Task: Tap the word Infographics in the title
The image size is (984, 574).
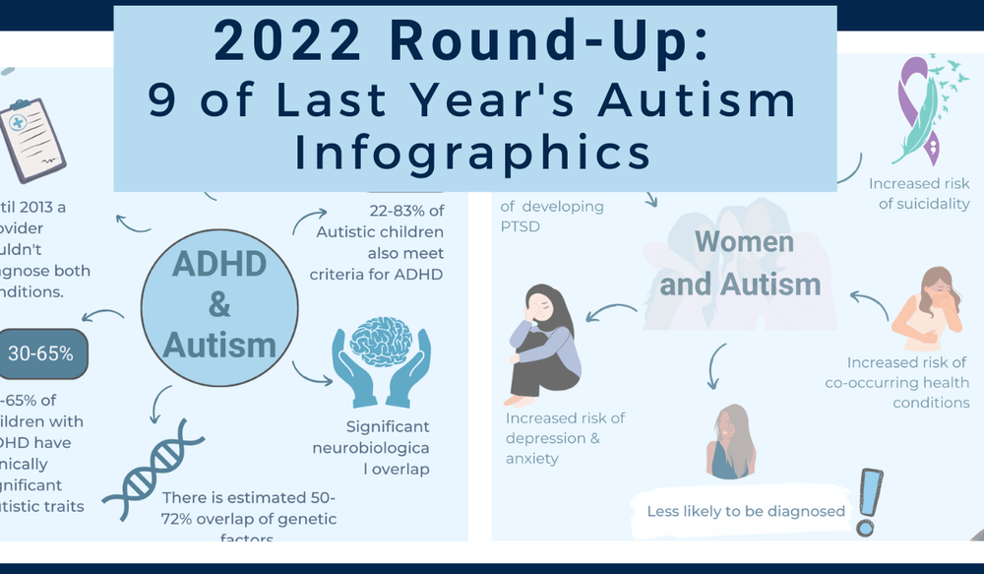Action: (473, 154)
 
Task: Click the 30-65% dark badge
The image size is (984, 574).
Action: (41, 352)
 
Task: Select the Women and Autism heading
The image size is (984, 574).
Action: (740, 264)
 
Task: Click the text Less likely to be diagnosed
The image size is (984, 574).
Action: (745, 511)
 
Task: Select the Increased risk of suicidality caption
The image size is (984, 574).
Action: (918, 194)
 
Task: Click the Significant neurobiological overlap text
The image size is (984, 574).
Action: (387, 448)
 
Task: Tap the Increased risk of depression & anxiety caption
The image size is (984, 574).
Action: (565, 438)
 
